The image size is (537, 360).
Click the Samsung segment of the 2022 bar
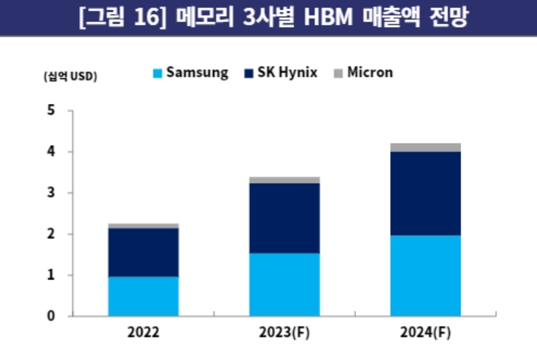[x=144, y=296]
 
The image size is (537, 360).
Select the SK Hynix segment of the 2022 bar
[x=144, y=252]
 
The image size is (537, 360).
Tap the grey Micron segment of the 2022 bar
[x=144, y=225]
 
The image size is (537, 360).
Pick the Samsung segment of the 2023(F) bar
[x=284, y=284]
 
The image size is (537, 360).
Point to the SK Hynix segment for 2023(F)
[x=284, y=218]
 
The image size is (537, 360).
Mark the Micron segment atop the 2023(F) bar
[x=284, y=180]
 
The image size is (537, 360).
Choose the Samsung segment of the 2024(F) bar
[x=425, y=275]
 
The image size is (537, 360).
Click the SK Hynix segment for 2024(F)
[x=425, y=193]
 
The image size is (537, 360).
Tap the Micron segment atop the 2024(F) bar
[x=425, y=147]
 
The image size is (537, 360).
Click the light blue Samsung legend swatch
[x=157, y=73]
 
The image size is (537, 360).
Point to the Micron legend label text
[x=370, y=72]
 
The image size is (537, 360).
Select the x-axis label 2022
[x=144, y=332]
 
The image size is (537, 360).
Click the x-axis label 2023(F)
[x=284, y=332]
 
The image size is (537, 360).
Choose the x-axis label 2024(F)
[x=425, y=332]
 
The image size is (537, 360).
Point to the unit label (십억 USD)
[x=70, y=76]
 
